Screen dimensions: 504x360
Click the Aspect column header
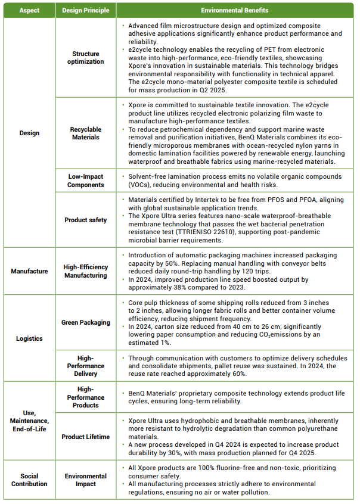coord(29,10)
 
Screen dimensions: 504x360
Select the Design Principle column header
coord(85,10)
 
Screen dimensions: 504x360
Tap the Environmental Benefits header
coord(234,10)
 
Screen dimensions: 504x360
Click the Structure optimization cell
coord(85,58)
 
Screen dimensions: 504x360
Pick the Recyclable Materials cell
coord(85,133)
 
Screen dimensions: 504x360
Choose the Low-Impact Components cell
coord(85,181)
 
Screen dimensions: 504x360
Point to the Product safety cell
coord(85,220)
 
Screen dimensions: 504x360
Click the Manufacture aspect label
coord(29,271)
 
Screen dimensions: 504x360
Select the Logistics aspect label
coord(29,338)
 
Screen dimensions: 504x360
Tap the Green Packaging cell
coord(85,322)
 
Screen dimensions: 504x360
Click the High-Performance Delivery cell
coord(85,366)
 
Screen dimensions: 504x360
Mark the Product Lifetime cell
coord(85,437)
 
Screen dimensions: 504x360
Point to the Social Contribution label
coord(29,480)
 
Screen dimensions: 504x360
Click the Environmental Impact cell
coord(85,480)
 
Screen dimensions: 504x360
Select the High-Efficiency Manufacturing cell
coord(85,271)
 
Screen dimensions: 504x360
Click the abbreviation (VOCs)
coord(139,184)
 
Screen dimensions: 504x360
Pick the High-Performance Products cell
coord(85,397)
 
